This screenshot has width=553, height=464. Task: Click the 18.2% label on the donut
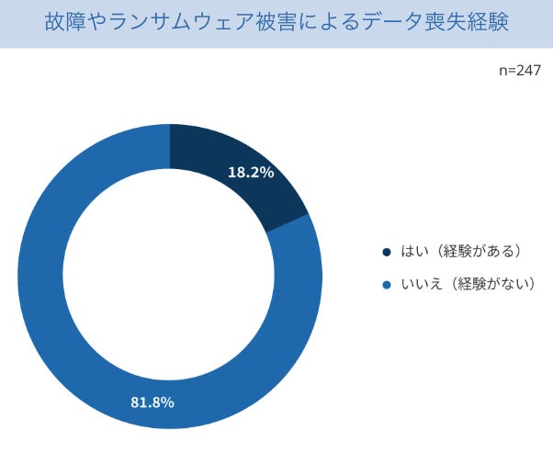point(251,172)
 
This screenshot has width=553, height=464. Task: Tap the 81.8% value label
point(152,402)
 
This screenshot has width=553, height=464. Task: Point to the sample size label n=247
point(520,71)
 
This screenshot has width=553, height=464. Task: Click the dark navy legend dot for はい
point(387,252)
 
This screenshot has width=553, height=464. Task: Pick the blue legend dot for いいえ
point(387,285)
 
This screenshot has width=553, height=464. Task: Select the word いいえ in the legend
point(422,284)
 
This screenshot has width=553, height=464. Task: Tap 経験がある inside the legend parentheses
point(479,251)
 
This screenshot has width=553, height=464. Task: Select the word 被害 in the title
point(276,21)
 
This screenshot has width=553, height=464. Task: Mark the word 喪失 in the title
point(446,21)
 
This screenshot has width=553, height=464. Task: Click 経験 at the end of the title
point(488,21)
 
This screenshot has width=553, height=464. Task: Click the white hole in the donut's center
point(169,274)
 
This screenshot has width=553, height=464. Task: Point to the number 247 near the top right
point(529,71)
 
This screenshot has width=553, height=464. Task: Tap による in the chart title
point(329,21)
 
